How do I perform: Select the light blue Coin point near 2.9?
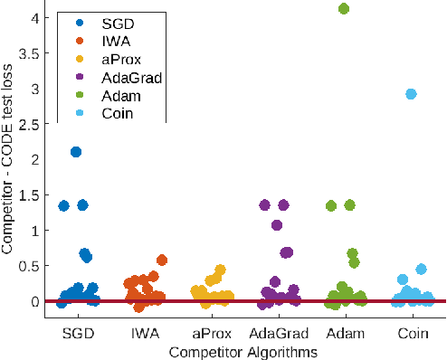[x=411, y=94]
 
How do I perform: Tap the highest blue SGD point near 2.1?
[x=76, y=152]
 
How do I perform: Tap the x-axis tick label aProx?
[x=210, y=334]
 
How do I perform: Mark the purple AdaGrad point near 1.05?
[x=277, y=225]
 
